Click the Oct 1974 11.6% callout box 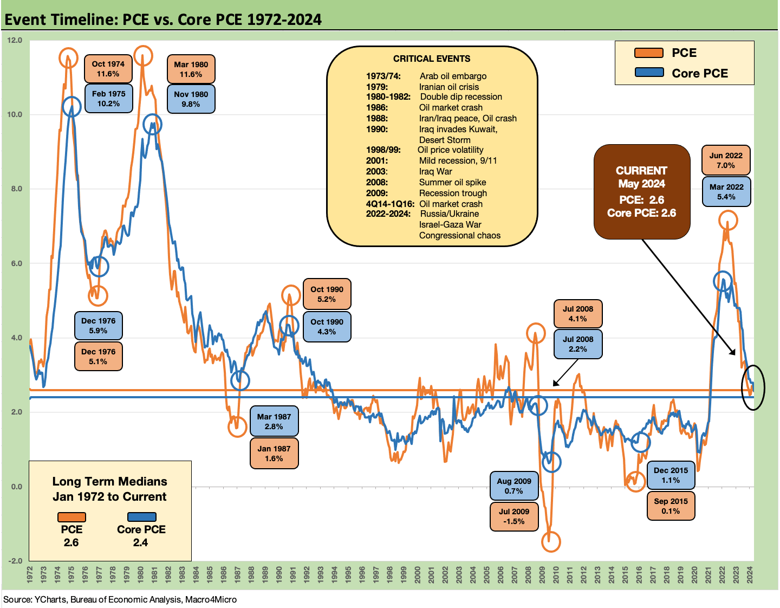pos(108,69)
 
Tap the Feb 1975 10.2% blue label pos(108,99)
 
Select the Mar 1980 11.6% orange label pos(191,69)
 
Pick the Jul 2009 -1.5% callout pos(513,516)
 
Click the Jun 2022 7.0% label pos(726,160)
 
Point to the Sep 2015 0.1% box pos(671,506)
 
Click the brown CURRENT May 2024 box pos(641,192)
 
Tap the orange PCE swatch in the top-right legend pos(648,53)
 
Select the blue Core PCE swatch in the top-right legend pos(648,73)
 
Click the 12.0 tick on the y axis pos(15,40)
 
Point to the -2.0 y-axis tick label pos(15,561)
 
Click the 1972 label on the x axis pos(30,575)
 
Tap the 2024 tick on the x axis pos(750,575)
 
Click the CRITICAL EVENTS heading pos(432,59)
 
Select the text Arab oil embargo pos(453,76)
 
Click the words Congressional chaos pos(459,235)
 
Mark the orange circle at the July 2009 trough pos(551,541)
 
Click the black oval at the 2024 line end pos(753,387)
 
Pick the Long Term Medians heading pos(109,489)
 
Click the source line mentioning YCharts pos(120,599)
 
